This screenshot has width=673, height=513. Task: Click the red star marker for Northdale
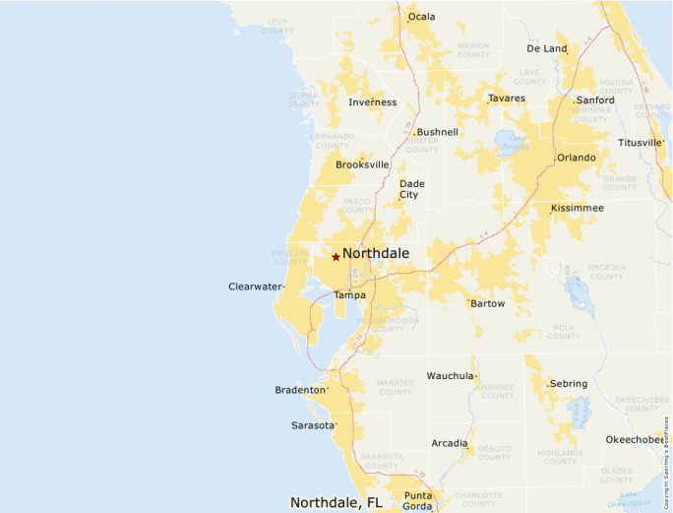tap(336, 257)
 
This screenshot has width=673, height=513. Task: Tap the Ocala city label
tap(421, 17)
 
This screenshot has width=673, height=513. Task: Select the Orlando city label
tap(576, 158)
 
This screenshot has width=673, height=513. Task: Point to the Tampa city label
tap(349, 295)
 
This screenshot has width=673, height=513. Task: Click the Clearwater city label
tap(255, 287)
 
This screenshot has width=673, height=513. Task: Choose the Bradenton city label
tap(299, 390)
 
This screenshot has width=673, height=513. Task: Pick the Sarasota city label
tap(313, 425)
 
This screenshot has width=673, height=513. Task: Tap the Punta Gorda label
tap(418, 500)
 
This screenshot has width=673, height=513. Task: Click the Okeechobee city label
tap(635, 439)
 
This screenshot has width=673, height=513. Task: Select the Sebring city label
tap(569, 384)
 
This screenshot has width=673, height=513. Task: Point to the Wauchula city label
tap(450, 376)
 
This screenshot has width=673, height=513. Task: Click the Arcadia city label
tap(449, 443)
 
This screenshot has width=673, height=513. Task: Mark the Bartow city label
tap(487, 304)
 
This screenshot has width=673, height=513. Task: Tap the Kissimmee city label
tap(578, 209)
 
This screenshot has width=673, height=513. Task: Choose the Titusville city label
tap(640, 143)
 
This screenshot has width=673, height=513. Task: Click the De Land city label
tap(547, 48)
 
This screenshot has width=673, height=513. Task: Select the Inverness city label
tap(373, 102)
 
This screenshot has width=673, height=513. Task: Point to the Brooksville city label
tap(362, 164)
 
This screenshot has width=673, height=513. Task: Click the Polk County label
tap(564, 331)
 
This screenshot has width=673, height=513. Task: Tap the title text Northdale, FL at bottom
tap(336, 502)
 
